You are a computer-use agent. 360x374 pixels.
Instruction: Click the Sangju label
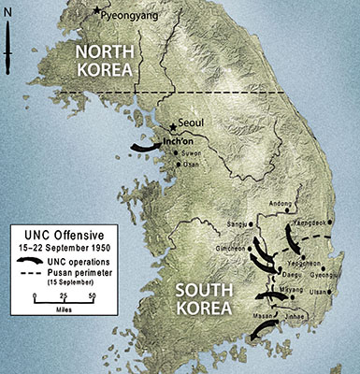[x=238, y=224]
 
